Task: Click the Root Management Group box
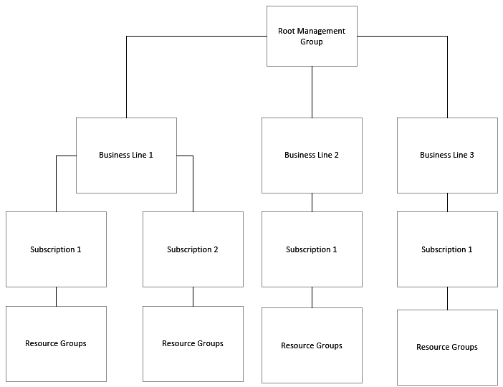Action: pos(312,37)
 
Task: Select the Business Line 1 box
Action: pos(126,156)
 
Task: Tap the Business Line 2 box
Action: pos(312,156)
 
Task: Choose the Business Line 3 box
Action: pos(447,156)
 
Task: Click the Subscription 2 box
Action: pos(193,249)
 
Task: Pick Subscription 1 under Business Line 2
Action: pos(312,249)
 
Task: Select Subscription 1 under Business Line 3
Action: pos(447,249)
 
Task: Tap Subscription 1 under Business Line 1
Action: pos(56,249)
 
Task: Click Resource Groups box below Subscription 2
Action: pos(193,343)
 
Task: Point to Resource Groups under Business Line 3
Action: pos(447,348)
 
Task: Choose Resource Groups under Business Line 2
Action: pos(312,345)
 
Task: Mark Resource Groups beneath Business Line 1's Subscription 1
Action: pos(56,343)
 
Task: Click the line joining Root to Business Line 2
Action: pos(312,92)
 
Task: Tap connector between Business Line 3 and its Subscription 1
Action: pos(447,202)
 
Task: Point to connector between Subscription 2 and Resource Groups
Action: pos(193,297)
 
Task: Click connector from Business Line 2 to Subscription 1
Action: pos(312,202)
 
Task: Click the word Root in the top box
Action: pos(287,32)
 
